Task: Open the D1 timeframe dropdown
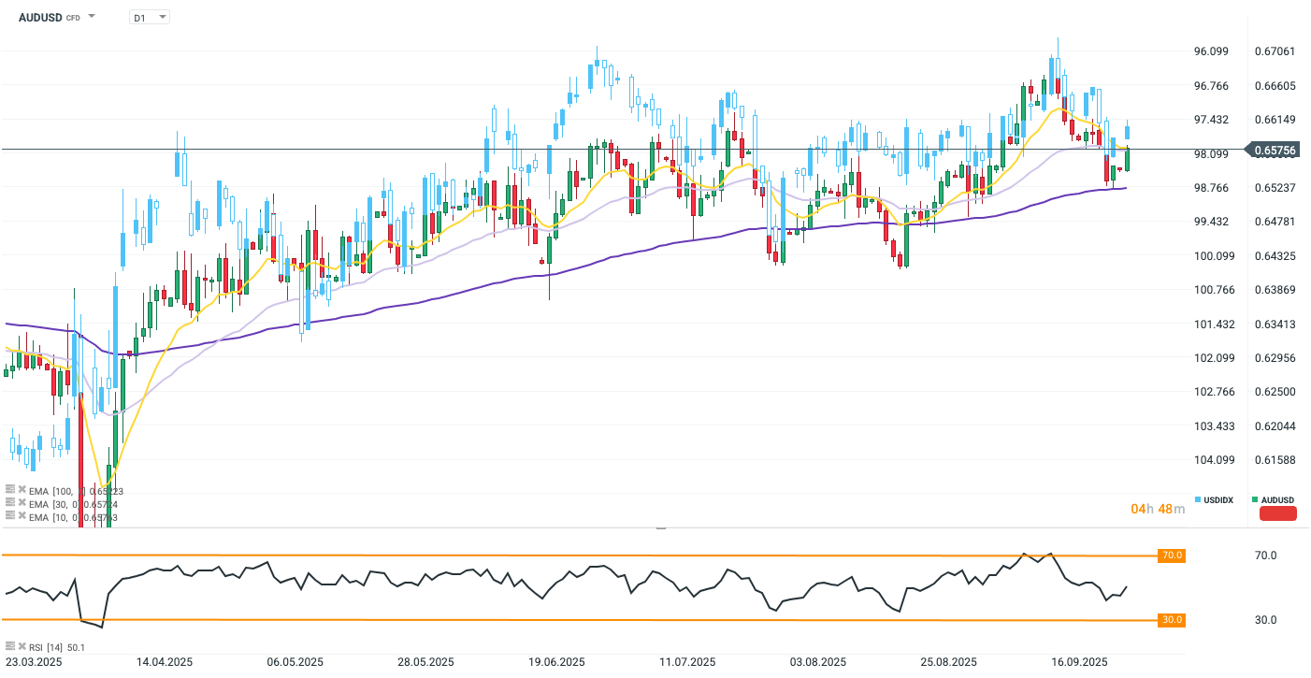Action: click(149, 17)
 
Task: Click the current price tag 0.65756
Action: click(1274, 150)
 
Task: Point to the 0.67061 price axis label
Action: click(1274, 50)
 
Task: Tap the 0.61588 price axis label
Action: click(1274, 459)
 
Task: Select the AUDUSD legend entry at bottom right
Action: click(1274, 500)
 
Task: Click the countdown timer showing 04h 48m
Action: click(1158, 509)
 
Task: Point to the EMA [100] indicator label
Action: click(75, 490)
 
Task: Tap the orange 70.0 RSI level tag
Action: click(1172, 555)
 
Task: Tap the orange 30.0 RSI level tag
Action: click(1172, 620)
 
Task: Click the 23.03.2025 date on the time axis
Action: click(33, 662)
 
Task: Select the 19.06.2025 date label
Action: click(556, 662)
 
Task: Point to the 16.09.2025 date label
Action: click(1079, 662)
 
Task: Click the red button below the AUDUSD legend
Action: click(1278, 513)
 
